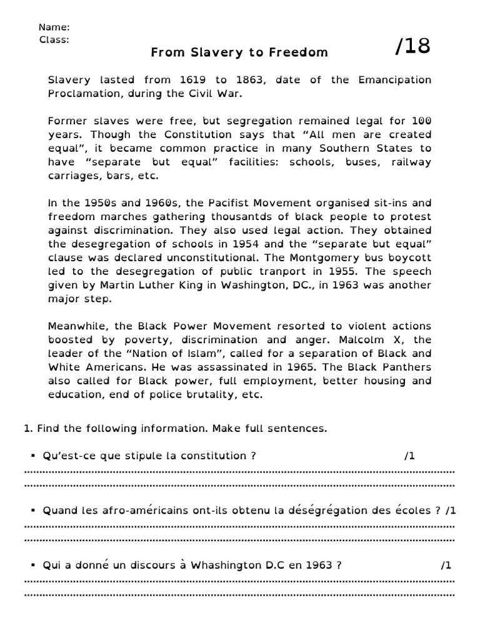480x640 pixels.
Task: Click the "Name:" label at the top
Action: [54, 27]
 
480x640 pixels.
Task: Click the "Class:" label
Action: [54, 39]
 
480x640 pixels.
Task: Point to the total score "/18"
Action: [412, 46]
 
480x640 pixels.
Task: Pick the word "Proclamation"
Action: [82, 94]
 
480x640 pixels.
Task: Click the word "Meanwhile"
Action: [76, 326]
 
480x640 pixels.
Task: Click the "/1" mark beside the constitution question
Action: [409, 456]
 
